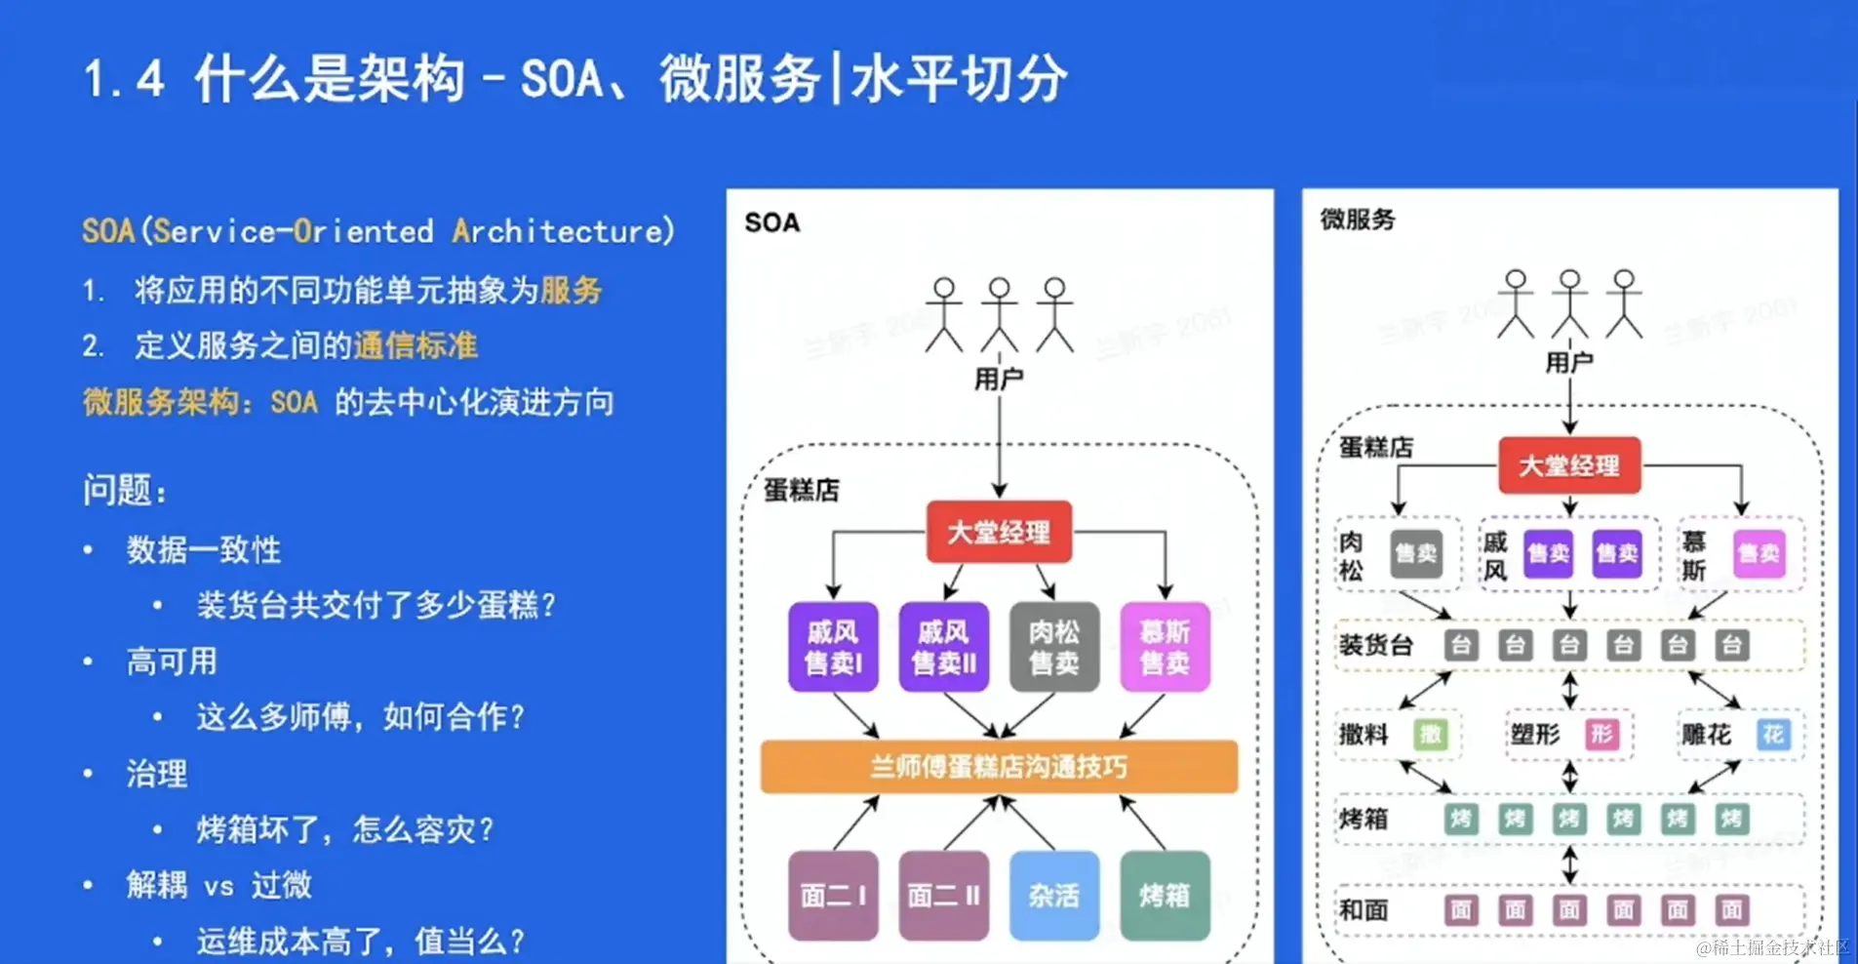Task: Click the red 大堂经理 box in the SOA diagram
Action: point(999,532)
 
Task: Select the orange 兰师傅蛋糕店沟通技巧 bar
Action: point(999,766)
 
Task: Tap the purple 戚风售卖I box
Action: point(833,647)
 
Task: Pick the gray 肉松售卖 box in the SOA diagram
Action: point(1054,647)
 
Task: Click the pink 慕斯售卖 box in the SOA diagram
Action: point(1165,647)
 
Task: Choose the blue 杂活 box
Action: point(1054,895)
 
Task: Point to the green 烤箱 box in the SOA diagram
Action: point(1165,895)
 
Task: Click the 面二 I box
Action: point(833,895)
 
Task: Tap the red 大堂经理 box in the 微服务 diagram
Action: point(1569,465)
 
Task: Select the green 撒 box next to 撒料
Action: point(1431,734)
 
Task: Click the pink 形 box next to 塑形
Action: point(1601,734)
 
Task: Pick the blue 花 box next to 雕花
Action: point(1772,734)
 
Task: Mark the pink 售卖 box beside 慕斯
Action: point(1759,553)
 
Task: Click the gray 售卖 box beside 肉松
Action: point(1415,553)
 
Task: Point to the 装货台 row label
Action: point(1376,645)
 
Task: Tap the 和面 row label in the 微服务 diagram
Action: point(1364,910)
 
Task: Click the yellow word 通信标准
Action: point(415,345)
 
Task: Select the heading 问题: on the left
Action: point(125,489)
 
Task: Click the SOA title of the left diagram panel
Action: point(772,222)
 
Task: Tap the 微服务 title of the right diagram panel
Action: point(1358,220)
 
